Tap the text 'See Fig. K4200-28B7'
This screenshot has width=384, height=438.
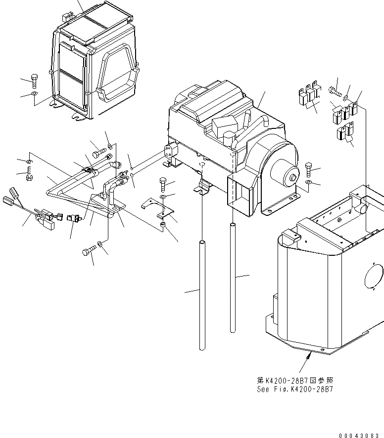point(288,389)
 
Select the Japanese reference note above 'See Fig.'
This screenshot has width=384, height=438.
point(288,380)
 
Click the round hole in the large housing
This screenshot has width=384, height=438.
point(374,279)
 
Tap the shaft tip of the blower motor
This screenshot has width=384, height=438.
point(294,177)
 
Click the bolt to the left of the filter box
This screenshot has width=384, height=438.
point(34,79)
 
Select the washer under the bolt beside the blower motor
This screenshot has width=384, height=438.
point(308,183)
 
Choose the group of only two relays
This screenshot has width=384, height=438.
point(344,131)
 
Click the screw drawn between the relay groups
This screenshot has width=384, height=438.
point(335,90)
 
